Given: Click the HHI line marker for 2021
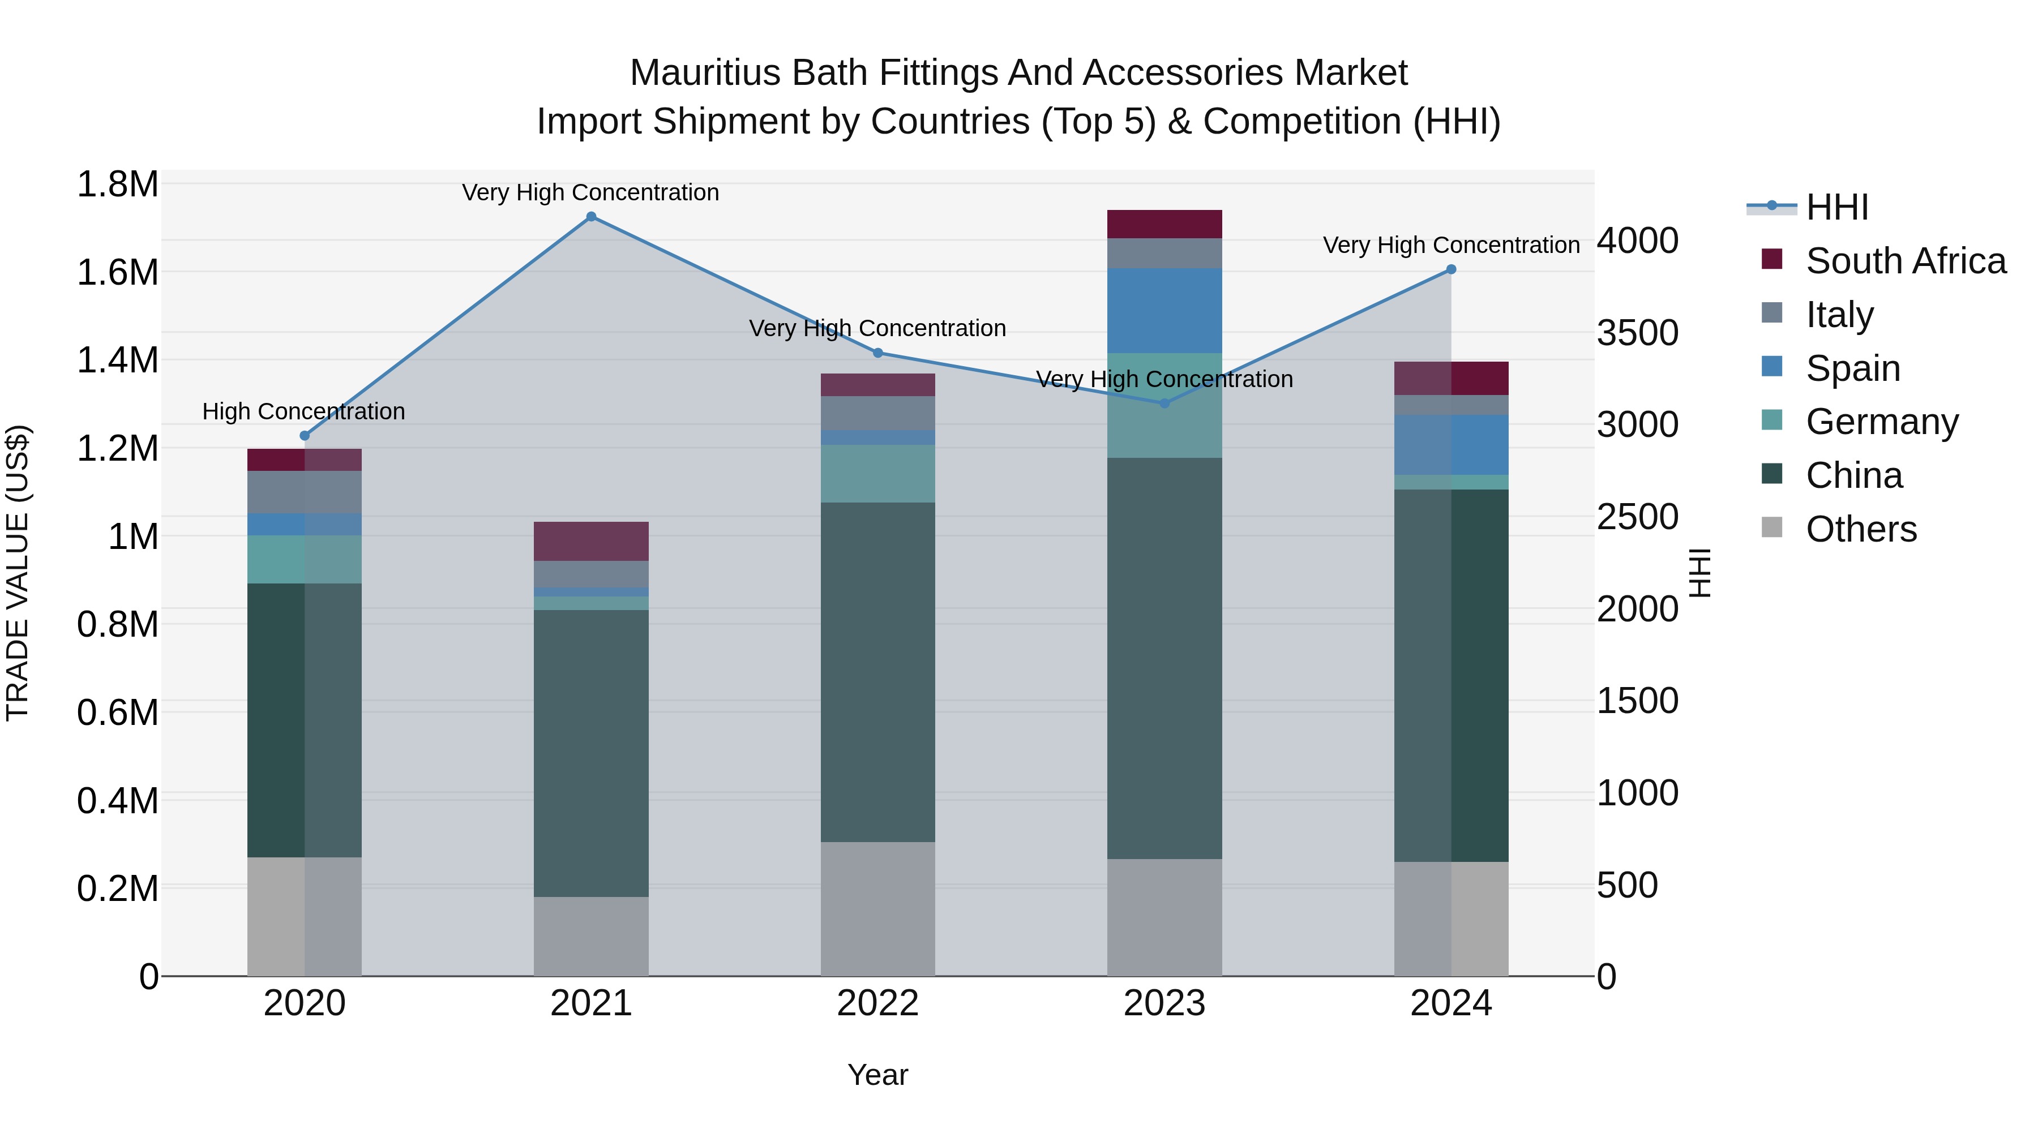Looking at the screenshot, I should [591, 217].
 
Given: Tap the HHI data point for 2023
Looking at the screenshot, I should [1164, 404].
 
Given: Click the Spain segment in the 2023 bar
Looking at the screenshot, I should [1164, 311].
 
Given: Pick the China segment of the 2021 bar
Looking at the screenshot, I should [591, 753].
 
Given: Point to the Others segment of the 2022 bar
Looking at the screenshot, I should [877, 909].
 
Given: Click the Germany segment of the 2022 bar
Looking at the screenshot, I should [877, 474].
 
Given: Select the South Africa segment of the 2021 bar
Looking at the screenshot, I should [591, 542].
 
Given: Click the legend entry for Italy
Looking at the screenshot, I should [1839, 314].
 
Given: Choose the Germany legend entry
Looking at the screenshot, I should [1881, 422].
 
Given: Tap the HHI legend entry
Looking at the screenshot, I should [1837, 207].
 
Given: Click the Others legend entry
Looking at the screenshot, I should [1861, 529].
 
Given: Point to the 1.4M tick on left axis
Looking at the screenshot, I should [117, 360].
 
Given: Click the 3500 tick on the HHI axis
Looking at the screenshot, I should [1637, 333].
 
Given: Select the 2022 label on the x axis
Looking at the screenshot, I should [877, 1003].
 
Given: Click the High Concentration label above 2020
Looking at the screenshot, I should [304, 411].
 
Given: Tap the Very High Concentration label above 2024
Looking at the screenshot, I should [1451, 245].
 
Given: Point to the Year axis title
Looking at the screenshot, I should [877, 1075].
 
